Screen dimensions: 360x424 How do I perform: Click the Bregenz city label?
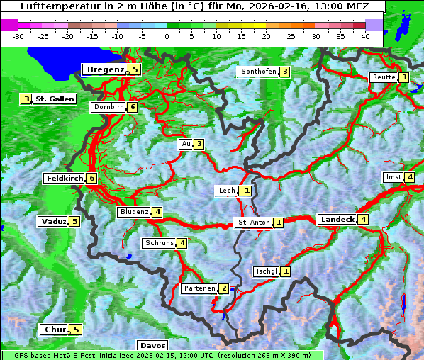tap(105, 69)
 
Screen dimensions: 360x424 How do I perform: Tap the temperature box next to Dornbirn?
tap(133, 108)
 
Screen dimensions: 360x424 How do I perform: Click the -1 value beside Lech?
tap(245, 191)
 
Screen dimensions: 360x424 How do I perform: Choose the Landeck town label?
tap(337, 220)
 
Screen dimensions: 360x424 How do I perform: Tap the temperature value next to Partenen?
tap(223, 288)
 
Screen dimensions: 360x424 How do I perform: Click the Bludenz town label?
tap(134, 212)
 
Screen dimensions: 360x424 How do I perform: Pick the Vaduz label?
tap(53, 222)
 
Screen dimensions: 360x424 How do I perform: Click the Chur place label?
tap(55, 330)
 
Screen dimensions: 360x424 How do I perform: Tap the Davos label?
tap(152, 346)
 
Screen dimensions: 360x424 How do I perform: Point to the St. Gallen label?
tap(55, 99)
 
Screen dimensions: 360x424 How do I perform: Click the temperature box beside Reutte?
tap(403, 77)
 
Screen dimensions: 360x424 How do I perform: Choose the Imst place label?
tap(392, 177)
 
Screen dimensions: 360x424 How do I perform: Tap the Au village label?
tap(186, 145)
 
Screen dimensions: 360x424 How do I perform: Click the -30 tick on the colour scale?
tap(18, 36)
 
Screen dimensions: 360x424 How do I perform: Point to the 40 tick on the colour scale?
tap(365, 36)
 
